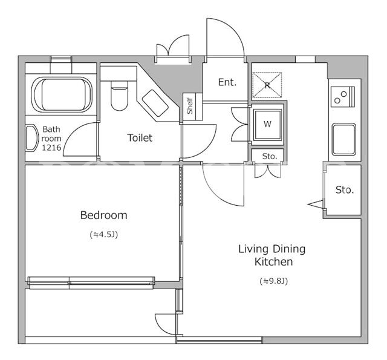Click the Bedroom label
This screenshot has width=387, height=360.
pyautogui.click(x=103, y=215)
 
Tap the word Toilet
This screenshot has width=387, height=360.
pyautogui.click(x=140, y=138)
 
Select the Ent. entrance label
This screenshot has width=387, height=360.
pyautogui.click(x=227, y=82)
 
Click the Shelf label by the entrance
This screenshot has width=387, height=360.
pyautogui.click(x=189, y=106)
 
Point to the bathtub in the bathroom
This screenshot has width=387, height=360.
pyautogui.click(x=62, y=94)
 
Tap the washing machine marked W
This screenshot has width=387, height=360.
pyautogui.click(x=267, y=124)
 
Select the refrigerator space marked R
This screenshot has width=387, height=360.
pyautogui.click(x=267, y=85)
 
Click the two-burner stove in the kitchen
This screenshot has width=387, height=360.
pyautogui.click(x=343, y=97)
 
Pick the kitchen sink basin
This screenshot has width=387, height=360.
pyautogui.click(x=344, y=140)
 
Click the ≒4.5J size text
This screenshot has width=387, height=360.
pyautogui.click(x=104, y=234)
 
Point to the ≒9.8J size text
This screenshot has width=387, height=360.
pyautogui.click(x=274, y=281)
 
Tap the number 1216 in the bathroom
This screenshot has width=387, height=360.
pyautogui.click(x=51, y=148)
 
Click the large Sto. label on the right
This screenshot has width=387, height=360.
pyautogui.click(x=345, y=190)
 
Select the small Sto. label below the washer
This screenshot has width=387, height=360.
pyautogui.click(x=270, y=156)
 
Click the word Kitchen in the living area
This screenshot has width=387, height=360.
pyautogui.click(x=274, y=262)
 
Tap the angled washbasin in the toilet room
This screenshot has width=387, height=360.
pyautogui.click(x=155, y=103)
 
